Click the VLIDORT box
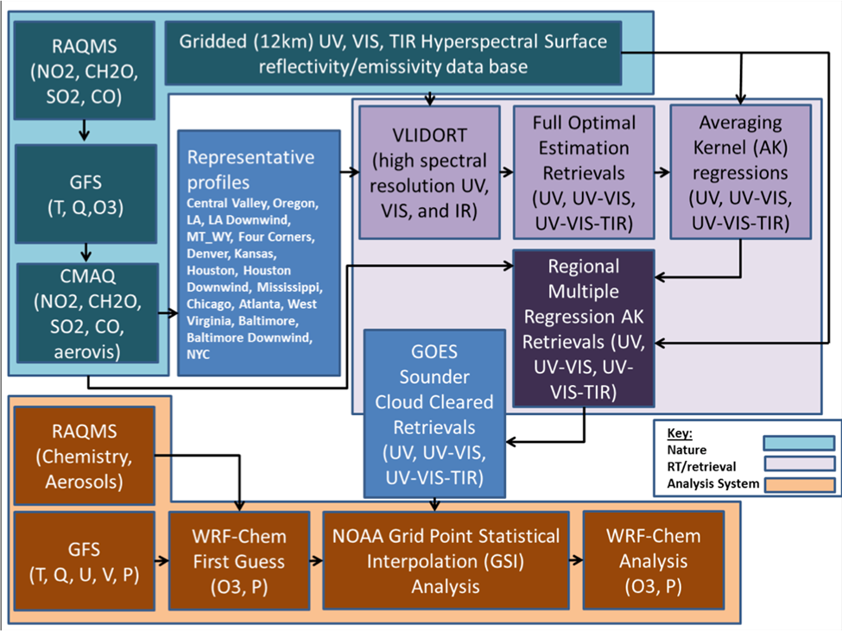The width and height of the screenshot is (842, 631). coord(429,173)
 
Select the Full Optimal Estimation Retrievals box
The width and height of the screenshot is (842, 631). coord(584,173)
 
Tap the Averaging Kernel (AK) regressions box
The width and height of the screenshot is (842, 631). coord(740,173)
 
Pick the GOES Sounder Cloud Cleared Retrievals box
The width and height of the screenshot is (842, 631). coord(434,413)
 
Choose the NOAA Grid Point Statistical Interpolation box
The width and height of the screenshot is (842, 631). coord(446,561)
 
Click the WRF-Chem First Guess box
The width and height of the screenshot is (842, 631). coord(239,561)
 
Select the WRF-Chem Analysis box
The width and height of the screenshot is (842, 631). coord(654,561)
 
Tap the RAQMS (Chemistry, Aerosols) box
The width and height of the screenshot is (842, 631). coord(85,456)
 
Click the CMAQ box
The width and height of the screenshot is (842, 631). coord(87,313)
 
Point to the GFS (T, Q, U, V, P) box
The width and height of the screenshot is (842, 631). coord(85,561)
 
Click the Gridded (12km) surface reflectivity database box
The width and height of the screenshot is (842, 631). coord(393,54)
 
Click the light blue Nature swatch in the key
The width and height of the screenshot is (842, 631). coord(799,443)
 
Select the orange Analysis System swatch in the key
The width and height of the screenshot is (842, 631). coord(799,484)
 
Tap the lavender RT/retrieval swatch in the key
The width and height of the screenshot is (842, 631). coord(799,464)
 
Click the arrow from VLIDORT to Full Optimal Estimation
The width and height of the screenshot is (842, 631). coord(507,173)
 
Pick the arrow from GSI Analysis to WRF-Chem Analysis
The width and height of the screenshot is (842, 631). coord(576,560)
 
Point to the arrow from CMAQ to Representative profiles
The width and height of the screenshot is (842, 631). coord(168,312)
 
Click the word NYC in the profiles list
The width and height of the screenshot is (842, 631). coord(198,355)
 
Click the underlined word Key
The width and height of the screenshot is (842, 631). coord(680,433)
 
